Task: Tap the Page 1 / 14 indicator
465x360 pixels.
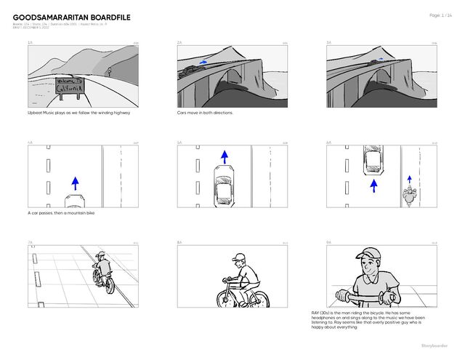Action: pos(440,15)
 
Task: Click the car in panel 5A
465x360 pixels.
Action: pos(224,187)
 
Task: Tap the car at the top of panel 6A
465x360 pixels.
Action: pos(373,160)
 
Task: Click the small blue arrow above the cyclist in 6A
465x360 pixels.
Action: pos(410,178)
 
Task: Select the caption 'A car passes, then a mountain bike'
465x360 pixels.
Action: pos(60,213)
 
